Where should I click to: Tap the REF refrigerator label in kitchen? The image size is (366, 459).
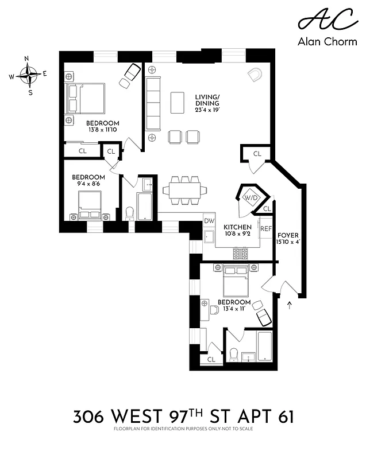tap(266, 228)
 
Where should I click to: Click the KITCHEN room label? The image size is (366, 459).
tap(237, 227)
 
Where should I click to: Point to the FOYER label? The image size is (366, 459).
tap(288, 235)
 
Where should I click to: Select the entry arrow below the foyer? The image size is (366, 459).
tap(289, 305)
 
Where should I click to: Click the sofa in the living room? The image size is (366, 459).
tap(153, 103)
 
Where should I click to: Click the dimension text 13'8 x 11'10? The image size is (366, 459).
tap(103, 130)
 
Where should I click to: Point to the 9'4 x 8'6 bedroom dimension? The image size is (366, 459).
tap(88, 184)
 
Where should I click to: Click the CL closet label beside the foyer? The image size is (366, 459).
tap(257, 154)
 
